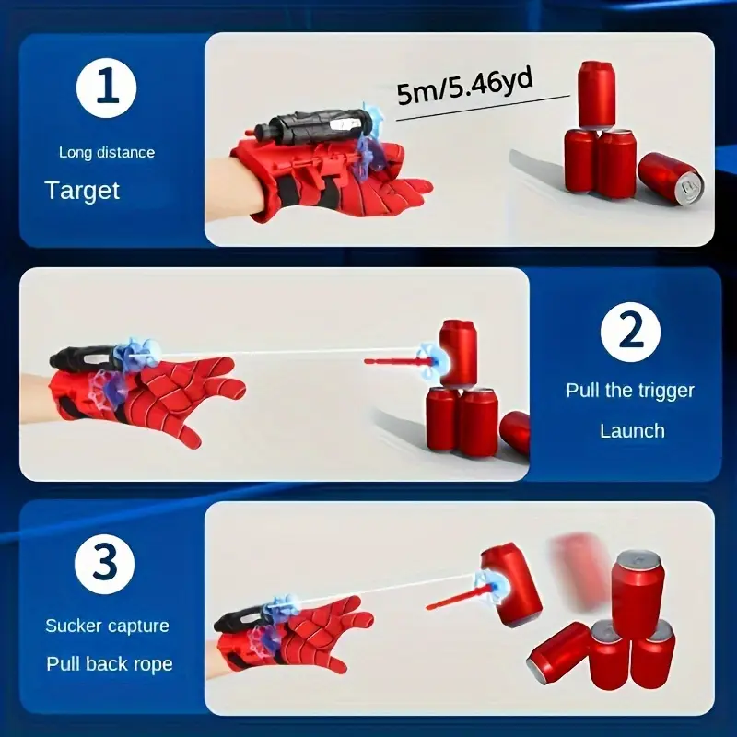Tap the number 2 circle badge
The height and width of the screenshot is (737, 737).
tap(631, 331)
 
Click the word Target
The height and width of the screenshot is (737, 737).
tap(82, 191)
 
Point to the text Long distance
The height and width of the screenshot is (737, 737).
tap(107, 152)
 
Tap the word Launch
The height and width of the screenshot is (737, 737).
tap(631, 430)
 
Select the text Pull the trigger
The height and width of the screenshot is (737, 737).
tap(631, 391)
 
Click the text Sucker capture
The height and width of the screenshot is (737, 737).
tap(107, 626)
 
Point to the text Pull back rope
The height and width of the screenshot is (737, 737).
tap(109, 663)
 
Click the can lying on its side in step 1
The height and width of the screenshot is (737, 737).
tap(670, 179)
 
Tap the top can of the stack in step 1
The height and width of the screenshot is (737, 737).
tap(596, 94)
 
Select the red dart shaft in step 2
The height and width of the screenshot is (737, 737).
tap(392, 360)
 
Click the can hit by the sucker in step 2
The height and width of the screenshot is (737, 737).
tap(458, 353)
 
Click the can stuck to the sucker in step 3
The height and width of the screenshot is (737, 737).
tap(509, 584)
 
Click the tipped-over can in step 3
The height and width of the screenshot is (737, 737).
tap(557, 650)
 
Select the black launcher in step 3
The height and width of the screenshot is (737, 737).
tap(241, 620)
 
